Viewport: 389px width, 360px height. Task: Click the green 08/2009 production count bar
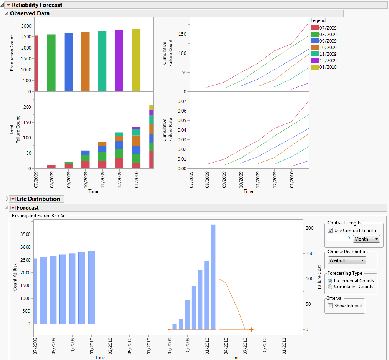tap(52, 63)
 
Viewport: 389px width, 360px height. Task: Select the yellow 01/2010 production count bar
tap(136, 60)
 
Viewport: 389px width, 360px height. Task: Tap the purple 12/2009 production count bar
tap(119, 61)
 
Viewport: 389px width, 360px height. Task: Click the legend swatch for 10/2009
tap(314, 47)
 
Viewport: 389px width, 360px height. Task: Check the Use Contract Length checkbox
tap(330, 231)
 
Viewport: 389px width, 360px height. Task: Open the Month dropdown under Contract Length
tap(366, 239)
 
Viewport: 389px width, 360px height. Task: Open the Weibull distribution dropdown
tap(347, 260)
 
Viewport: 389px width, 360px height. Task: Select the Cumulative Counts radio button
tap(330, 287)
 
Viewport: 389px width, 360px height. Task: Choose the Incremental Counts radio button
tap(330, 281)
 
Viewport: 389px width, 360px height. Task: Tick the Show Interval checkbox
tap(330, 306)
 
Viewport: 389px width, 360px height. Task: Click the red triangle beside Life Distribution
tap(13, 199)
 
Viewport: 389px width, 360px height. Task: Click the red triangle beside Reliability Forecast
tap(8, 5)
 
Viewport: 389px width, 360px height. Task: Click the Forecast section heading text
tap(28, 208)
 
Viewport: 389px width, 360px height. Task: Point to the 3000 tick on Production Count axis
tap(27, 26)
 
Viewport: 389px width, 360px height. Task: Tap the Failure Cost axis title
tap(319, 277)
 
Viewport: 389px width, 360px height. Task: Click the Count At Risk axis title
tap(15, 277)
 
